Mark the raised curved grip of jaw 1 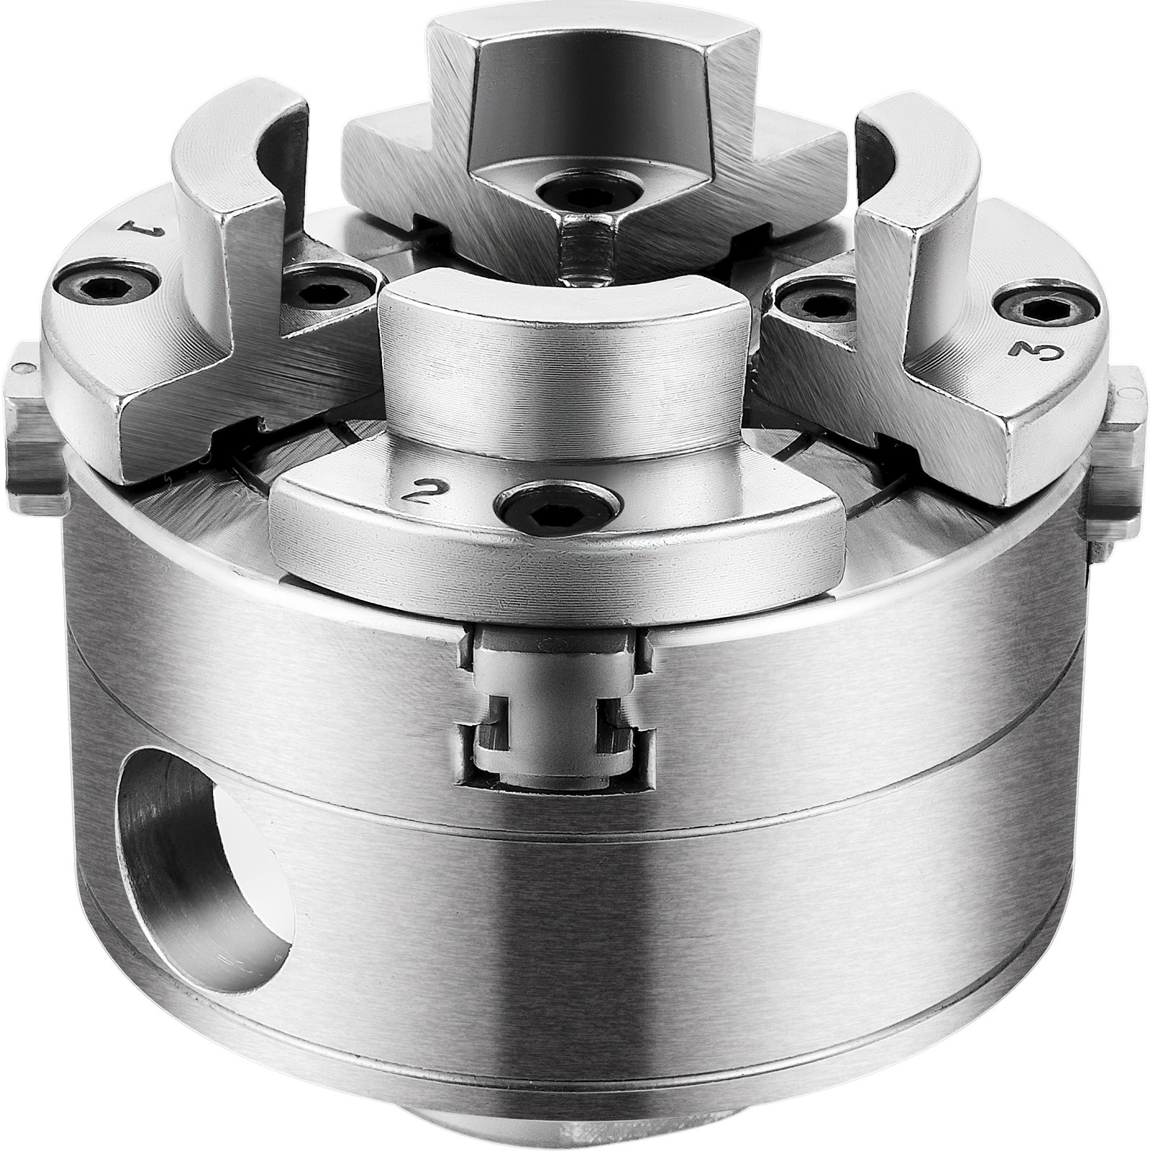tap(237, 173)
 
